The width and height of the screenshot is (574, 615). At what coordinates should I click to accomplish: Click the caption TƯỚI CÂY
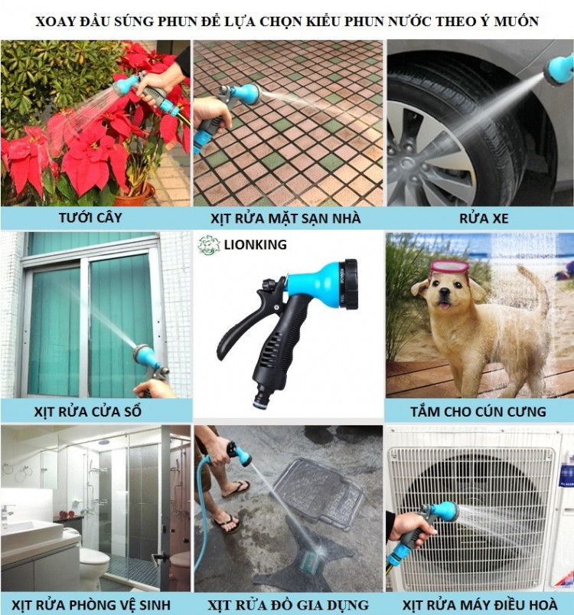pos(90,218)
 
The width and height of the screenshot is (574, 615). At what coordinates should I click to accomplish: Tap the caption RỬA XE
pos(484,218)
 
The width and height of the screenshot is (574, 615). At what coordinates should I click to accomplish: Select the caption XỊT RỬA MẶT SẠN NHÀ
pos(285,218)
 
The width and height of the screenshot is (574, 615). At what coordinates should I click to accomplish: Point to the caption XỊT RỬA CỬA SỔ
pos(87,411)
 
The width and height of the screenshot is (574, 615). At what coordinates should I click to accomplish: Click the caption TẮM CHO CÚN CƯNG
pos(478,411)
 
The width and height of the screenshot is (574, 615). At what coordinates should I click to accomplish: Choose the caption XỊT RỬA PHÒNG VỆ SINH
pos(91,605)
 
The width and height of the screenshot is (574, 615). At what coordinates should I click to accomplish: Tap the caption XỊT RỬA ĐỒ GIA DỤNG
pos(288,605)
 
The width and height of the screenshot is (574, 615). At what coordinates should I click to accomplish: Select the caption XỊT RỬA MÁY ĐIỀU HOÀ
pos(480,605)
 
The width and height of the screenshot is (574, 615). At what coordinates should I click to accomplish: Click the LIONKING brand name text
pos(255,245)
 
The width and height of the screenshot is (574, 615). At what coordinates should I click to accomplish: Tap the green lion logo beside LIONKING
pos(208,245)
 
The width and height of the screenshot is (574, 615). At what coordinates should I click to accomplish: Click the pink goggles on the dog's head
pos(449,267)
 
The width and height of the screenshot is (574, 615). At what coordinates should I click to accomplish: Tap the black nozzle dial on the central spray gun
pos(351,283)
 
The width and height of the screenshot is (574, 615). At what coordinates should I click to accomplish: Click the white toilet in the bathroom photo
pos(93,563)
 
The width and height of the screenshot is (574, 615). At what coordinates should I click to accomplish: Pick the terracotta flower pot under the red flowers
pos(135,196)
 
